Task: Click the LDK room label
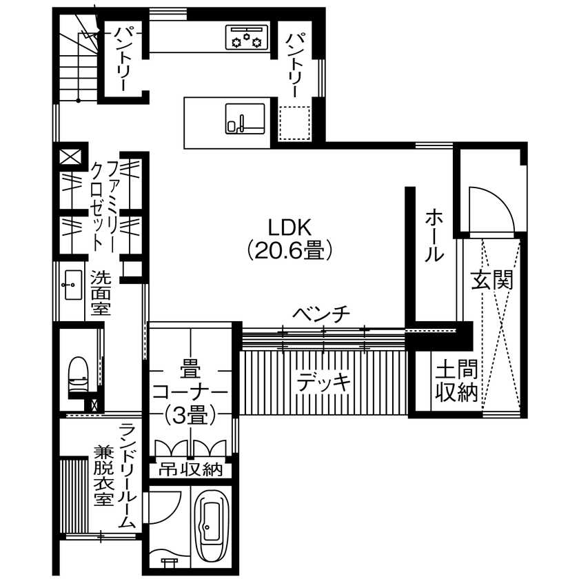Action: point(289,227)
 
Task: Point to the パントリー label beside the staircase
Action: point(124,59)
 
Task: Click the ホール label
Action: point(434,235)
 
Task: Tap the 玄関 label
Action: point(492,281)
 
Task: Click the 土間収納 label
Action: point(456,380)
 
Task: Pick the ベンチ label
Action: point(321,314)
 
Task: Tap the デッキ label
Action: point(324,381)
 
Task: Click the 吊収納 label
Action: point(191,469)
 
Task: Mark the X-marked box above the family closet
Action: point(70,156)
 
